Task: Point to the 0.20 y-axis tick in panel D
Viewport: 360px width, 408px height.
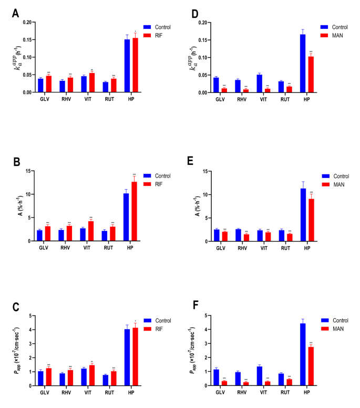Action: pos(200,23)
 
